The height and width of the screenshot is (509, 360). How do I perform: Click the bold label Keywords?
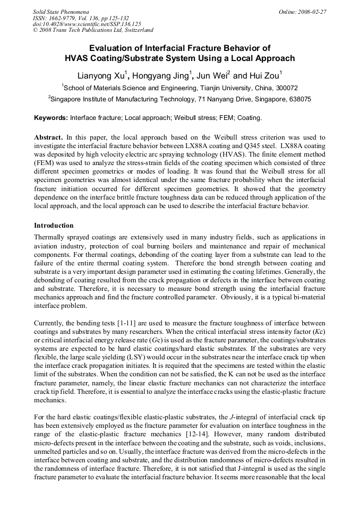51,118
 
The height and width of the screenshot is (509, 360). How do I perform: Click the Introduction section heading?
54,226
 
